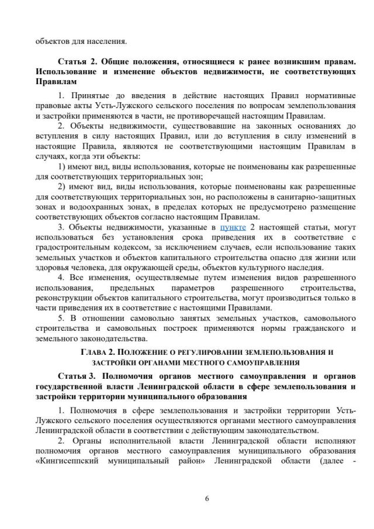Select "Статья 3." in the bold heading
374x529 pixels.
76,375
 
